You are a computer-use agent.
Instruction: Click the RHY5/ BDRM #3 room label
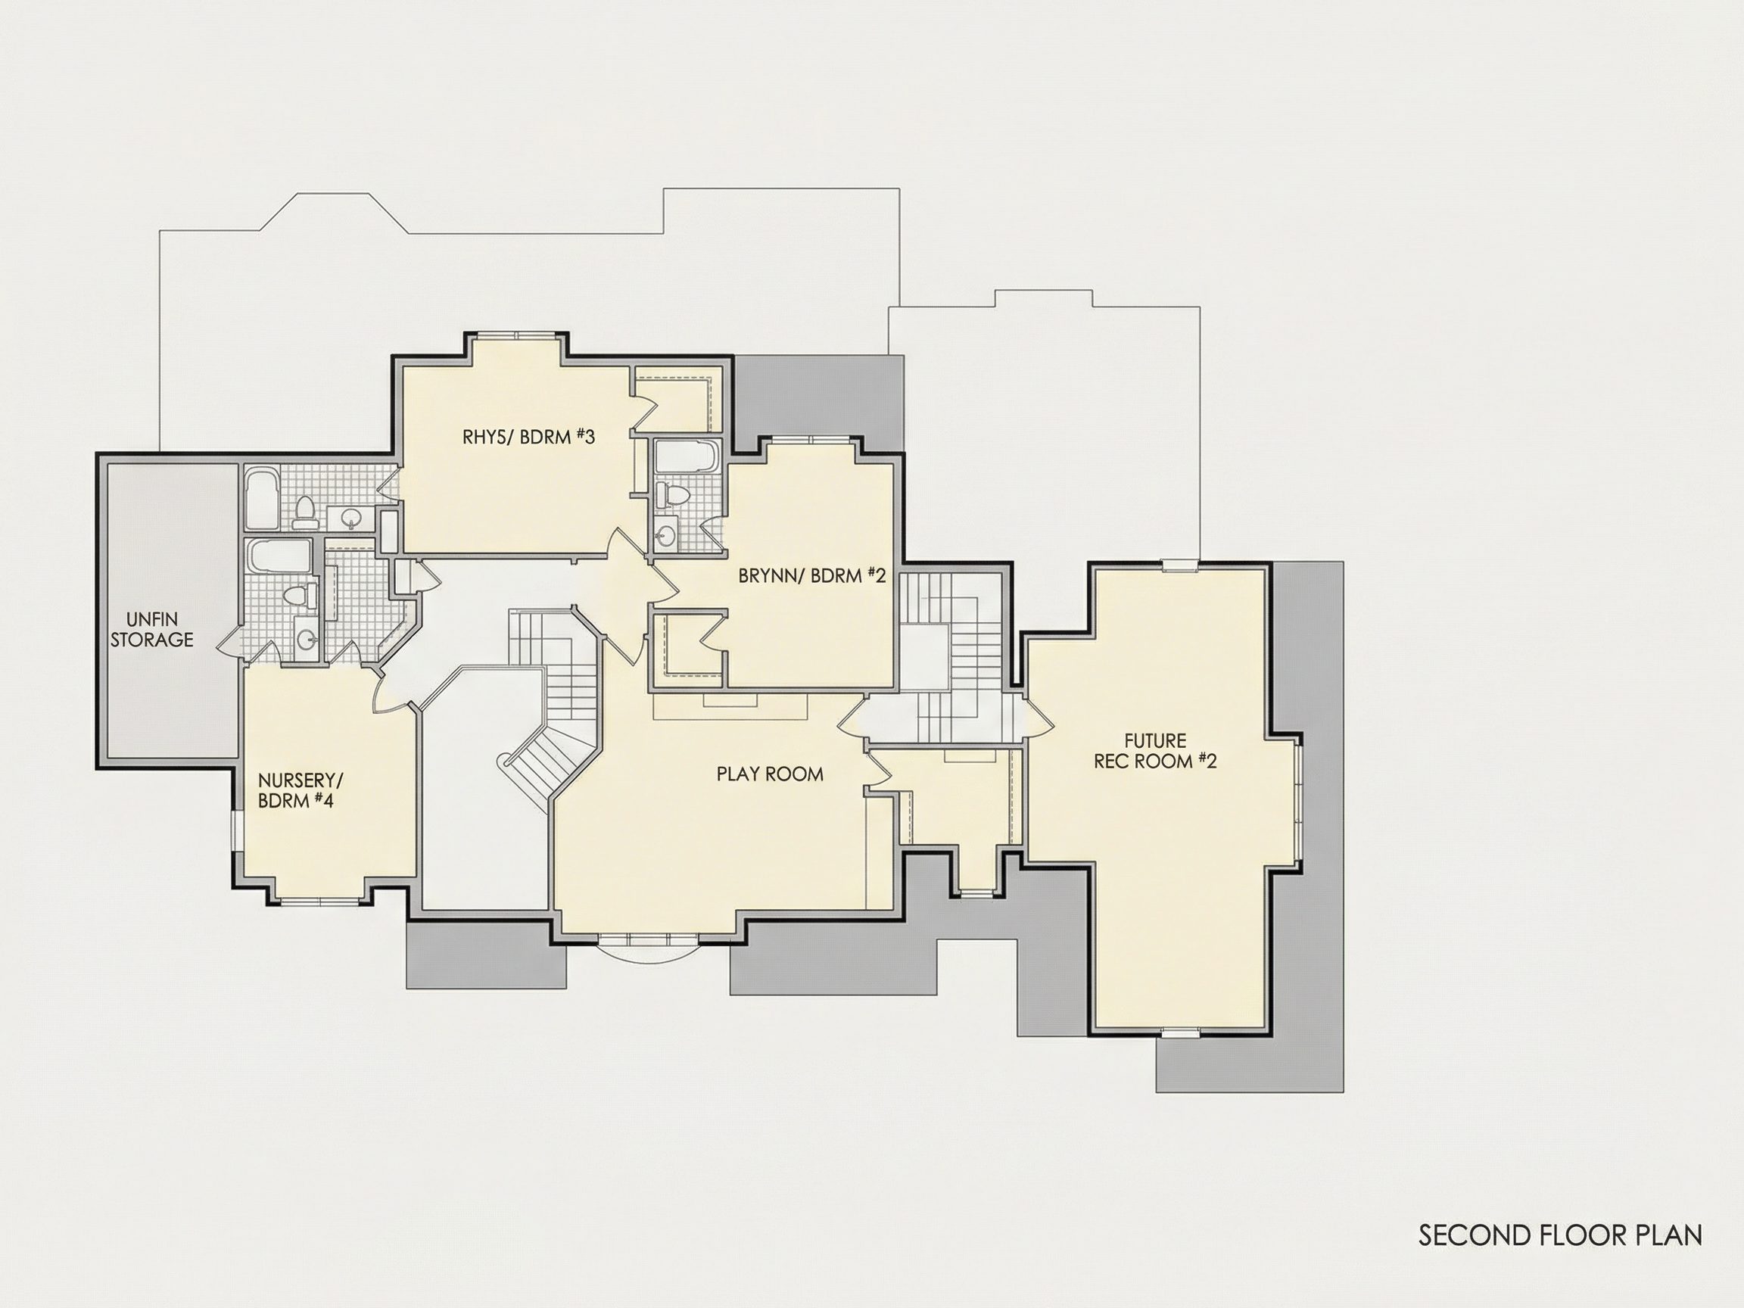pyautogui.click(x=528, y=436)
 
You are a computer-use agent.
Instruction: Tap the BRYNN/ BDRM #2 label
pyautogui.click(x=812, y=575)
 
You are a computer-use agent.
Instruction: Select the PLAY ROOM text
pyautogui.click(x=770, y=774)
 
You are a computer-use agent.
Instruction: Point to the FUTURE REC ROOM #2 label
pyautogui.click(x=1155, y=751)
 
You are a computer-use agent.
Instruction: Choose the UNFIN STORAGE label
pyautogui.click(x=151, y=630)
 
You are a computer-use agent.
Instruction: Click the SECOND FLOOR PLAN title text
pyautogui.click(x=1560, y=1235)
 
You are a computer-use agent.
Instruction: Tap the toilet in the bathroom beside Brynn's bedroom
pyautogui.click(x=677, y=494)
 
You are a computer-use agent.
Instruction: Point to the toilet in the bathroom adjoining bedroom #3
pyautogui.click(x=304, y=514)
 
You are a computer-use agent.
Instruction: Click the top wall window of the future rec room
pyautogui.click(x=1180, y=564)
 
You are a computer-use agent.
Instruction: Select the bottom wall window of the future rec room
pyautogui.click(x=1180, y=1030)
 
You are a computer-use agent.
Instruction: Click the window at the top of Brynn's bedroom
pyautogui.click(x=810, y=438)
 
